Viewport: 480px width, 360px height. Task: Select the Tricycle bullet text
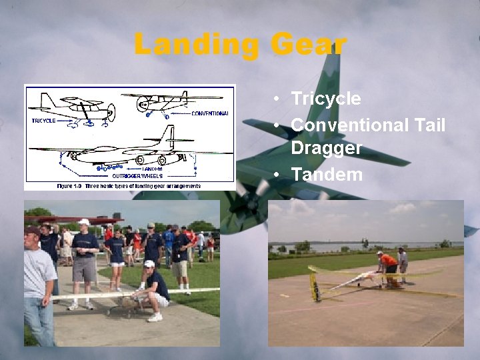pos(326,99)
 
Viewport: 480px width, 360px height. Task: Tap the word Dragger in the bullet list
pos(326,148)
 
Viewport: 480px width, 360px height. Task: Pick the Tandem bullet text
pos(327,175)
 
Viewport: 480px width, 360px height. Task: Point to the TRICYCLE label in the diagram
pos(43,121)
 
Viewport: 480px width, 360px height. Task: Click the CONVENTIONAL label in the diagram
pos(209,113)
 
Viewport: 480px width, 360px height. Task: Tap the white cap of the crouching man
pos(149,263)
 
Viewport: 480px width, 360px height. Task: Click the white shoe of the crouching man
pos(155,317)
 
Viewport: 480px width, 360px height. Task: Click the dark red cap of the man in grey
pos(31,230)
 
